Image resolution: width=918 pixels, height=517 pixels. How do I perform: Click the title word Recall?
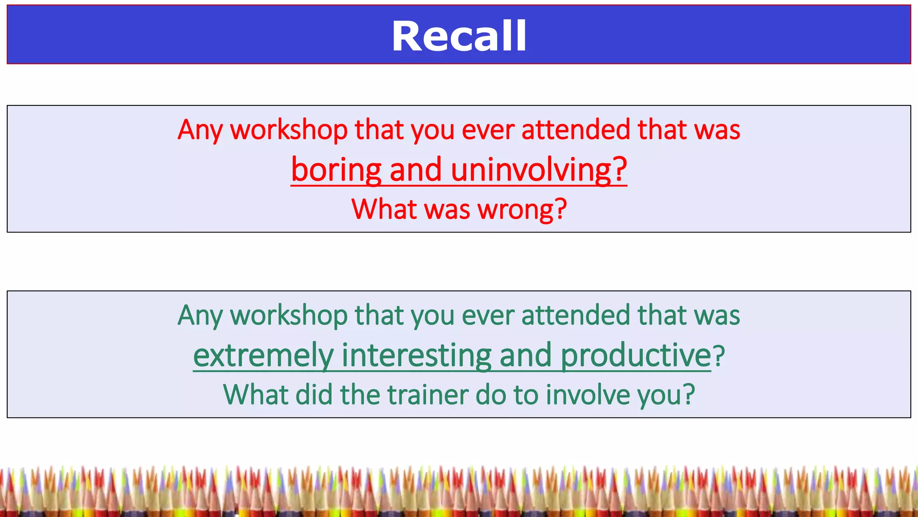click(459, 36)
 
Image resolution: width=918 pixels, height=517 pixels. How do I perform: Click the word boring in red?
click(336, 170)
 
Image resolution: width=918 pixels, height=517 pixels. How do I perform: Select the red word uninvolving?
click(538, 170)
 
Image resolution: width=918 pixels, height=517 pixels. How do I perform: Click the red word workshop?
click(289, 130)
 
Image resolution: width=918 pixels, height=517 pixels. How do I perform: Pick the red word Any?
click(200, 130)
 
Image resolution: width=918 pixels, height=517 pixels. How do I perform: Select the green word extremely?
click(264, 355)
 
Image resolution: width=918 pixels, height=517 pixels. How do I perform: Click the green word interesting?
click(416, 355)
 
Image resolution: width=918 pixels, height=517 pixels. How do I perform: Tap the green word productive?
click(636, 355)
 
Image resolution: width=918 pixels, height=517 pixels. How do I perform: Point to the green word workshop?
click(289, 315)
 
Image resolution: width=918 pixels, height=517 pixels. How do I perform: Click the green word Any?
click(200, 315)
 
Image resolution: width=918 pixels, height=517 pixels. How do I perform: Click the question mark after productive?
click(719, 355)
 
